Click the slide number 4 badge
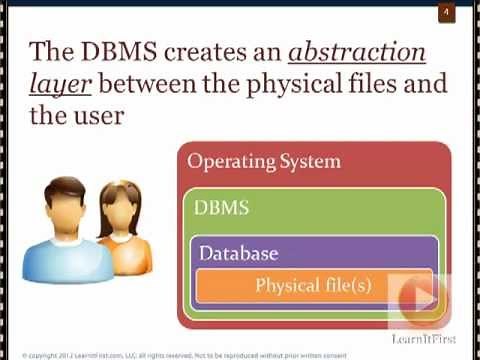pos(446,12)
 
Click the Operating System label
pos(264,161)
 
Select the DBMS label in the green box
pos(222,209)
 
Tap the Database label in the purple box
pos(238,253)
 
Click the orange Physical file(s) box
pos(300,286)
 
